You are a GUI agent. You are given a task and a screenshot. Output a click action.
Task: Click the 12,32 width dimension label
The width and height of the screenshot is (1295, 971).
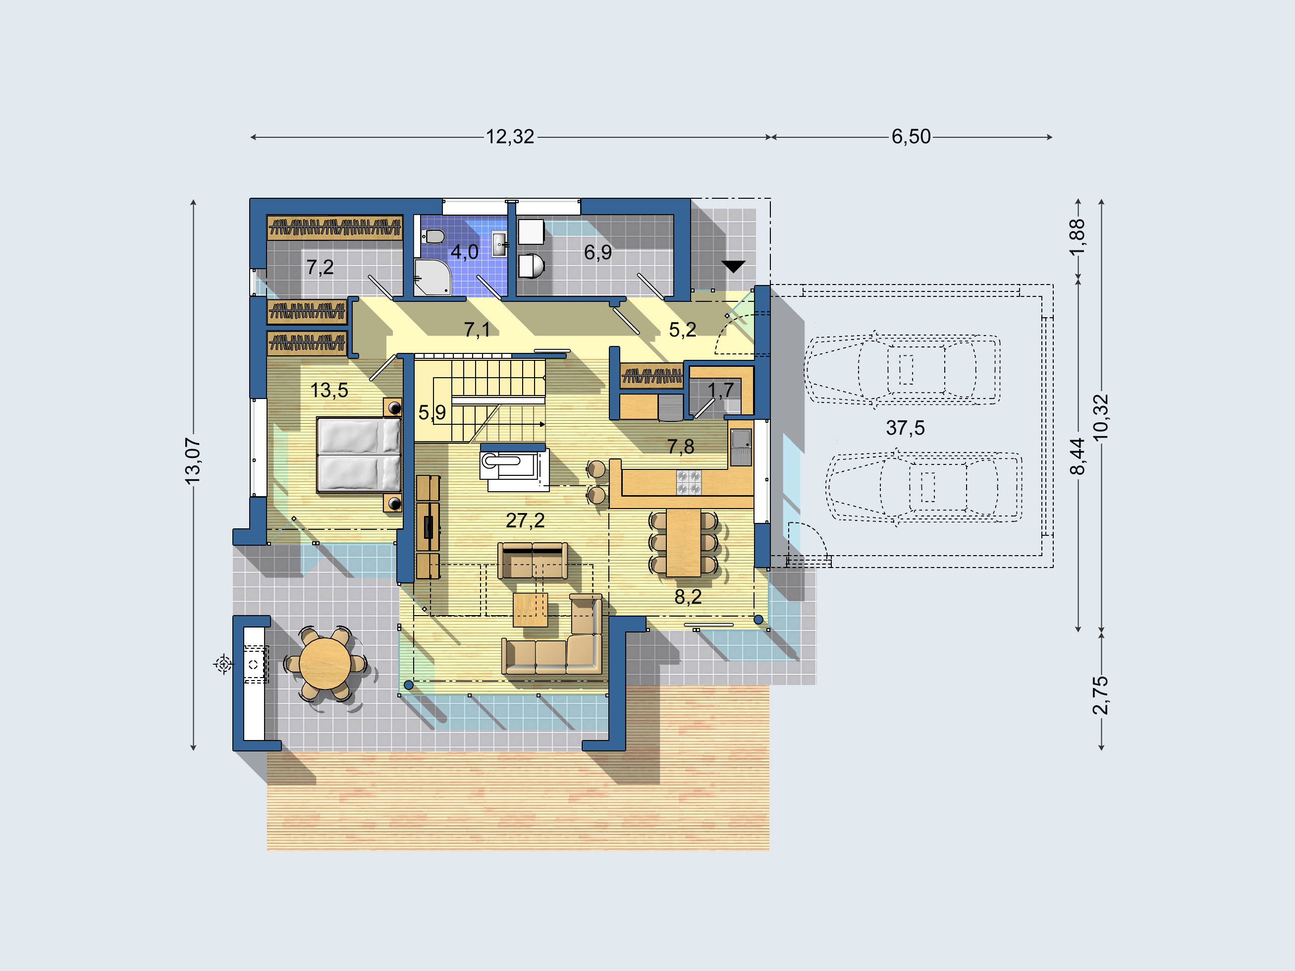(x=510, y=137)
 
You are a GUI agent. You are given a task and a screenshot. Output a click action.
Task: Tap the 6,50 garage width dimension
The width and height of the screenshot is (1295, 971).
(x=911, y=137)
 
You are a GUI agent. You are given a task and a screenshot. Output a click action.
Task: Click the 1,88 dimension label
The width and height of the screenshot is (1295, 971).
(x=1077, y=237)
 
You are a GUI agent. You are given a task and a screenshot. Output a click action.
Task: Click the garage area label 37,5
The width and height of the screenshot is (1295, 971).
(x=905, y=428)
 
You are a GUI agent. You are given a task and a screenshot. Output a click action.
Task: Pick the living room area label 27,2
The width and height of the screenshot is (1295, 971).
(x=525, y=520)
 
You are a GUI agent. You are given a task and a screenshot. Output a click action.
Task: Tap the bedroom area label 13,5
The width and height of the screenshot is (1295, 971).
(x=329, y=390)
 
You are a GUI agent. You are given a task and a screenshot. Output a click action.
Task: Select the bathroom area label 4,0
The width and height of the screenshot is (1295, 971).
(x=464, y=252)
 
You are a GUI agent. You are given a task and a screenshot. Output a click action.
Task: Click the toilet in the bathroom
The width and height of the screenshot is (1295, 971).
(x=432, y=236)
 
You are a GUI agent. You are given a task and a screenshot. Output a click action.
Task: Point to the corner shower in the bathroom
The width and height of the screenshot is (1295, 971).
(x=432, y=277)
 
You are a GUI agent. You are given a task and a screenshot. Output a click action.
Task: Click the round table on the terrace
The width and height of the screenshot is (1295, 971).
(x=325, y=664)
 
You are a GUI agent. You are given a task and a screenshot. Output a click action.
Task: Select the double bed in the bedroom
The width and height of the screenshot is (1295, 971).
(x=359, y=455)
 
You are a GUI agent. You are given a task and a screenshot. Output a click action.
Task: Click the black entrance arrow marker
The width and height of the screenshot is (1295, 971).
(x=733, y=267)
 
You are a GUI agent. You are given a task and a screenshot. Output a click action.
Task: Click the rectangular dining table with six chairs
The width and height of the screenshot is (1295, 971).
(x=683, y=542)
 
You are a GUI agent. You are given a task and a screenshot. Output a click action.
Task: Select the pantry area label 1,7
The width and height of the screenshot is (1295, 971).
(x=721, y=391)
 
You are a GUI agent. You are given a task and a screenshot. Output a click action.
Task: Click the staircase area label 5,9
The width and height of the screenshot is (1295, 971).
(x=432, y=413)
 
